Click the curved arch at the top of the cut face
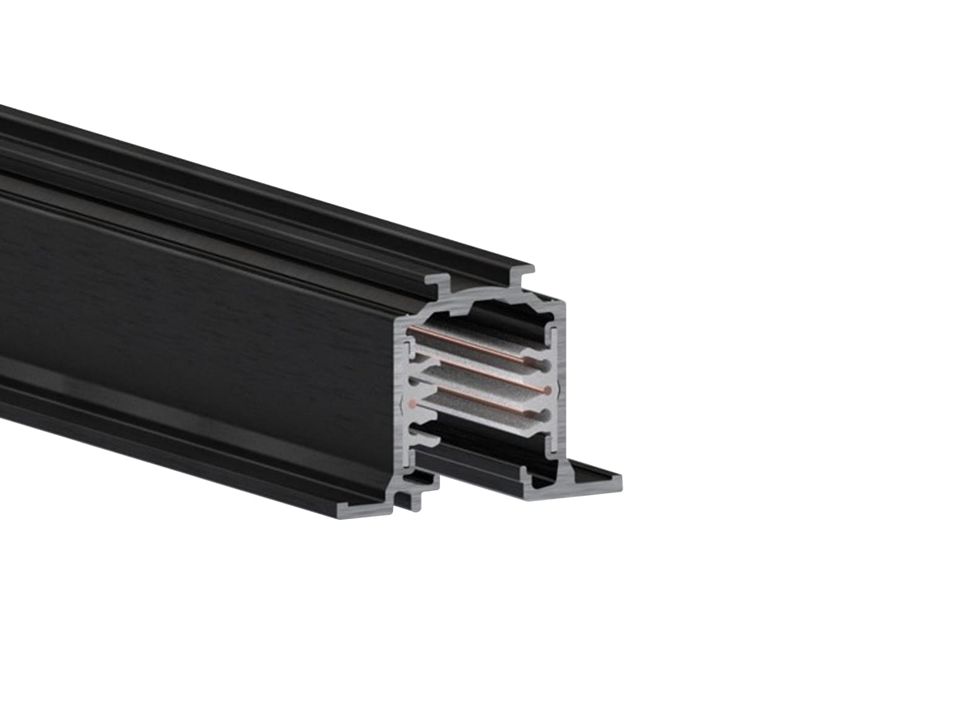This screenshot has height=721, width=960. pyautogui.click(x=489, y=297)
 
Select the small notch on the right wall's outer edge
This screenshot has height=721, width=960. pyautogui.click(x=560, y=391)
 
